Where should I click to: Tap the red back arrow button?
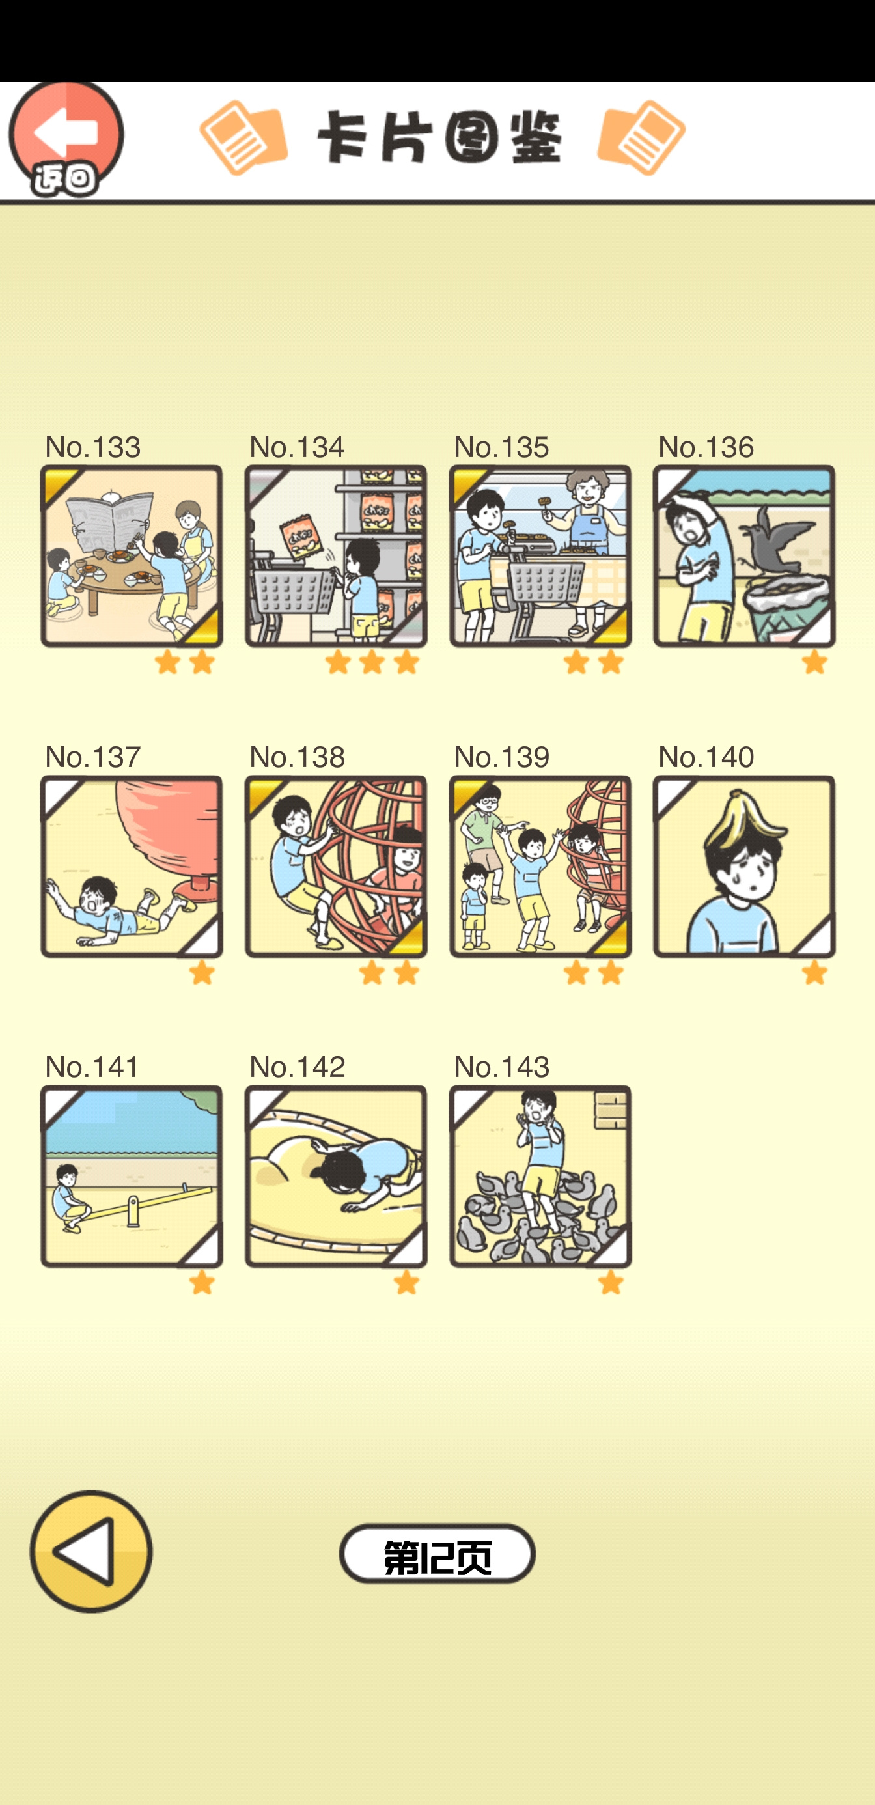66,138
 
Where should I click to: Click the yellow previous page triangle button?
91,1550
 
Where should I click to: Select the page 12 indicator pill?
437,1554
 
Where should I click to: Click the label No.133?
92,446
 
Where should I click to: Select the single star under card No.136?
814,662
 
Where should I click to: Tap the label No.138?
297,756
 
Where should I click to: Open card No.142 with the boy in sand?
335,1176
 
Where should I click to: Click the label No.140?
706,756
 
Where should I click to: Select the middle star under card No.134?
372,662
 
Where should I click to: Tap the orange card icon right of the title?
641,137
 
